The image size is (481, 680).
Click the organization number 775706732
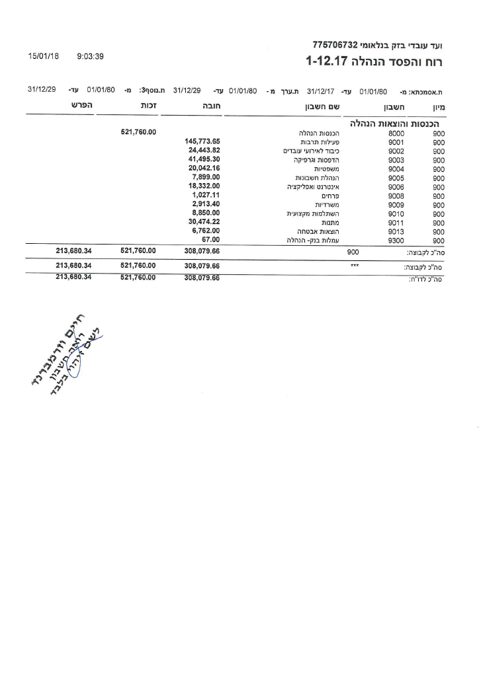point(335,45)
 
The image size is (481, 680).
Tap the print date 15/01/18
point(44,57)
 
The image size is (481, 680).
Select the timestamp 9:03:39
point(91,57)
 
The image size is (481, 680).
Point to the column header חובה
point(210,106)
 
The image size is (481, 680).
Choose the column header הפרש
point(81,106)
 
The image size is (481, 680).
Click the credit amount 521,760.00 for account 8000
point(138,132)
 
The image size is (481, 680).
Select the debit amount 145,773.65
point(202,141)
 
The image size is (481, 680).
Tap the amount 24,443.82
point(204,150)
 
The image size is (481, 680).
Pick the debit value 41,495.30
point(204,159)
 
